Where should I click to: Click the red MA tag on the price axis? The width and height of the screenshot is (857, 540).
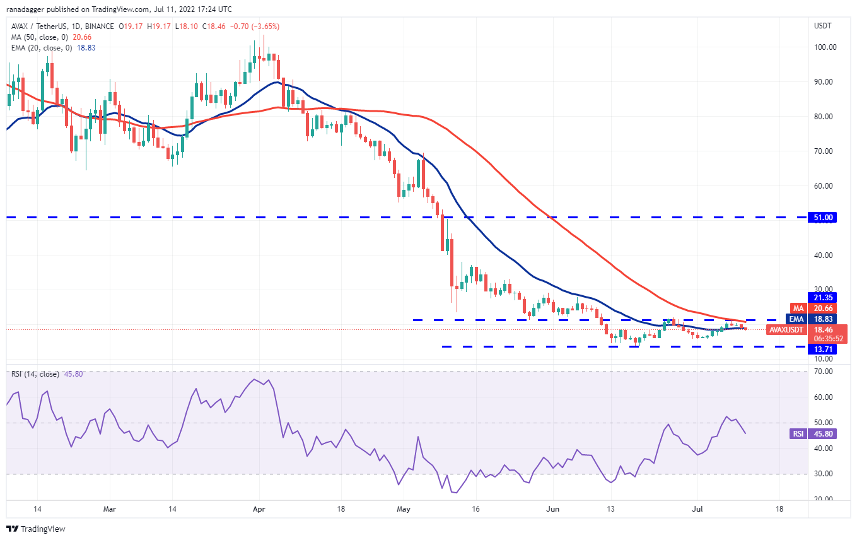pos(798,308)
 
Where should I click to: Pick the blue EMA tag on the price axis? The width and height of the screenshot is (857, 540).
pos(797,319)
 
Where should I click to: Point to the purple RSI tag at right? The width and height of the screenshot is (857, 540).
pos(798,434)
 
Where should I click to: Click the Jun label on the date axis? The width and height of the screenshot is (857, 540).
pos(553,508)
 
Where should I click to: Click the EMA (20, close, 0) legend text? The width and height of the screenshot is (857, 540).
pos(42,47)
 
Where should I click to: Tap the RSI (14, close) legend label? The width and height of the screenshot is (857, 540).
pos(35,374)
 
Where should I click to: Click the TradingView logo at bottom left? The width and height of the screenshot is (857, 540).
pos(36,529)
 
